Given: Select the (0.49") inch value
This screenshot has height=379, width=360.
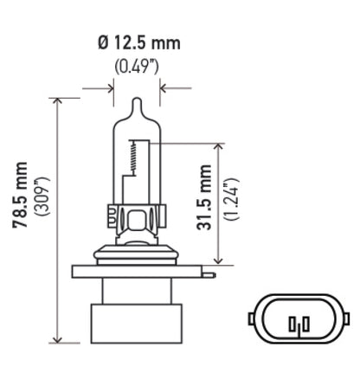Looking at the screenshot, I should (137, 67).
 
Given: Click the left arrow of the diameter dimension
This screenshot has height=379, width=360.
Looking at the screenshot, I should (108, 87).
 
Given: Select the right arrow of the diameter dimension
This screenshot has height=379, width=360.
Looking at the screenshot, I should (165, 87).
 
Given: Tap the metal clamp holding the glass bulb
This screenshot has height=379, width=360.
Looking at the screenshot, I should (137, 215).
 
